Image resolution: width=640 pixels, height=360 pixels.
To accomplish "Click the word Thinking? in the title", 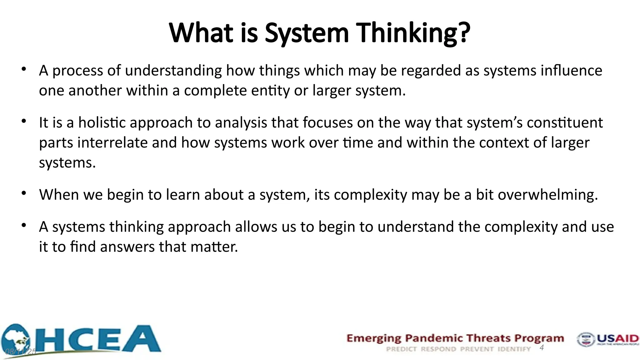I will [x=413, y=33].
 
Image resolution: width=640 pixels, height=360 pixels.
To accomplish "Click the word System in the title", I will [x=307, y=33].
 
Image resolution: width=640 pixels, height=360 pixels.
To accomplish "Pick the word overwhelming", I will [x=547, y=195].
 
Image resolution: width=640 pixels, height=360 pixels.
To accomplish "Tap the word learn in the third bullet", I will [x=183, y=195].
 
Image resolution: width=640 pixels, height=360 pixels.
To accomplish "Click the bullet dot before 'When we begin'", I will [x=24, y=193].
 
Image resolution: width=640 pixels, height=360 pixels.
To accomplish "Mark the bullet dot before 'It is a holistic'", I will [x=24, y=121].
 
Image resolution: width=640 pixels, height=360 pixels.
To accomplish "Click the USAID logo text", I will [x=617, y=338].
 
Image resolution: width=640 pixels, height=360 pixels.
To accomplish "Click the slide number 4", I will [x=542, y=347].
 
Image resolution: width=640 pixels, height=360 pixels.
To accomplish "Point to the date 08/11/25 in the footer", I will [x=21, y=352].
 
